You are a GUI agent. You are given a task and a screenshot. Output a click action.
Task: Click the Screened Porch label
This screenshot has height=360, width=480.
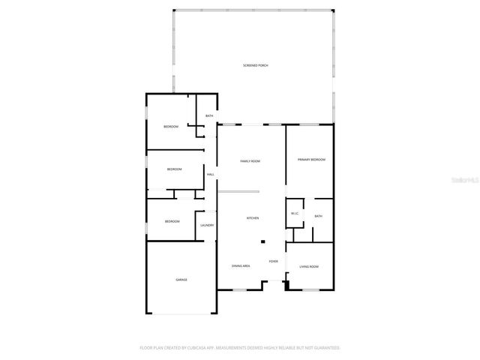[x=255, y=66]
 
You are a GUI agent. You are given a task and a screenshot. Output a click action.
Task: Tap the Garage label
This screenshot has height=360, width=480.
[x=181, y=280]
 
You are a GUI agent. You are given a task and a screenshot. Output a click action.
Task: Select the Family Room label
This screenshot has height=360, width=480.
[x=250, y=161]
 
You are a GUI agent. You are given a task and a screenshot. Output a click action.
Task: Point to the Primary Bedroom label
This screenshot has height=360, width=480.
[x=310, y=160]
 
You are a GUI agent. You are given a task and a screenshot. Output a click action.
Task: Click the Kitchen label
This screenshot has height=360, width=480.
[x=253, y=218]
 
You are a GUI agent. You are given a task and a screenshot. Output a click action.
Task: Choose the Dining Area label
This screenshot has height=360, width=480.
[x=241, y=266]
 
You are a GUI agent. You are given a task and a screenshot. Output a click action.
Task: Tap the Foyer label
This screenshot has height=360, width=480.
[x=274, y=261]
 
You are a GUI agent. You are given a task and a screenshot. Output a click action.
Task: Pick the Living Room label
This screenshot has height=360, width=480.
[x=309, y=267]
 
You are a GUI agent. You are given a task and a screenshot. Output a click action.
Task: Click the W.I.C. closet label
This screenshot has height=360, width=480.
[x=295, y=214]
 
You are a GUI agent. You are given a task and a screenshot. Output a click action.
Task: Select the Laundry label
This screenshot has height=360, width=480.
[x=207, y=225]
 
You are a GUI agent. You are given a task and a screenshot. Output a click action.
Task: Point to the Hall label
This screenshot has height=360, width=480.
[x=211, y=175]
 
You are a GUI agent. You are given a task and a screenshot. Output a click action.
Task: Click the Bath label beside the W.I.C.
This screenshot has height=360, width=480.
[x=318, y=217]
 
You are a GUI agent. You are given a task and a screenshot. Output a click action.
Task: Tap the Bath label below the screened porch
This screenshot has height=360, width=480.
[x=209, y=115]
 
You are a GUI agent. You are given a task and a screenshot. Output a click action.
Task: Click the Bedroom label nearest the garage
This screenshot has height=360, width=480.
[x=172, y=221]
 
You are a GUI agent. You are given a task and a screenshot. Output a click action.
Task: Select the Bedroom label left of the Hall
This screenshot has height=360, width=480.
[x=174, y=169]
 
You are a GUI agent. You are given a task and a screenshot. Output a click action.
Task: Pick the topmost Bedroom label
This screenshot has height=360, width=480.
[x=171, y=126]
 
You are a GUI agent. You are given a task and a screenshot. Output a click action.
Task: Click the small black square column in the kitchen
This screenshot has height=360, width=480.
[x=262, y=241]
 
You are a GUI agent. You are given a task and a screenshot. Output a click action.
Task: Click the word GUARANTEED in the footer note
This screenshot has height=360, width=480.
[x=325, y=348]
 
